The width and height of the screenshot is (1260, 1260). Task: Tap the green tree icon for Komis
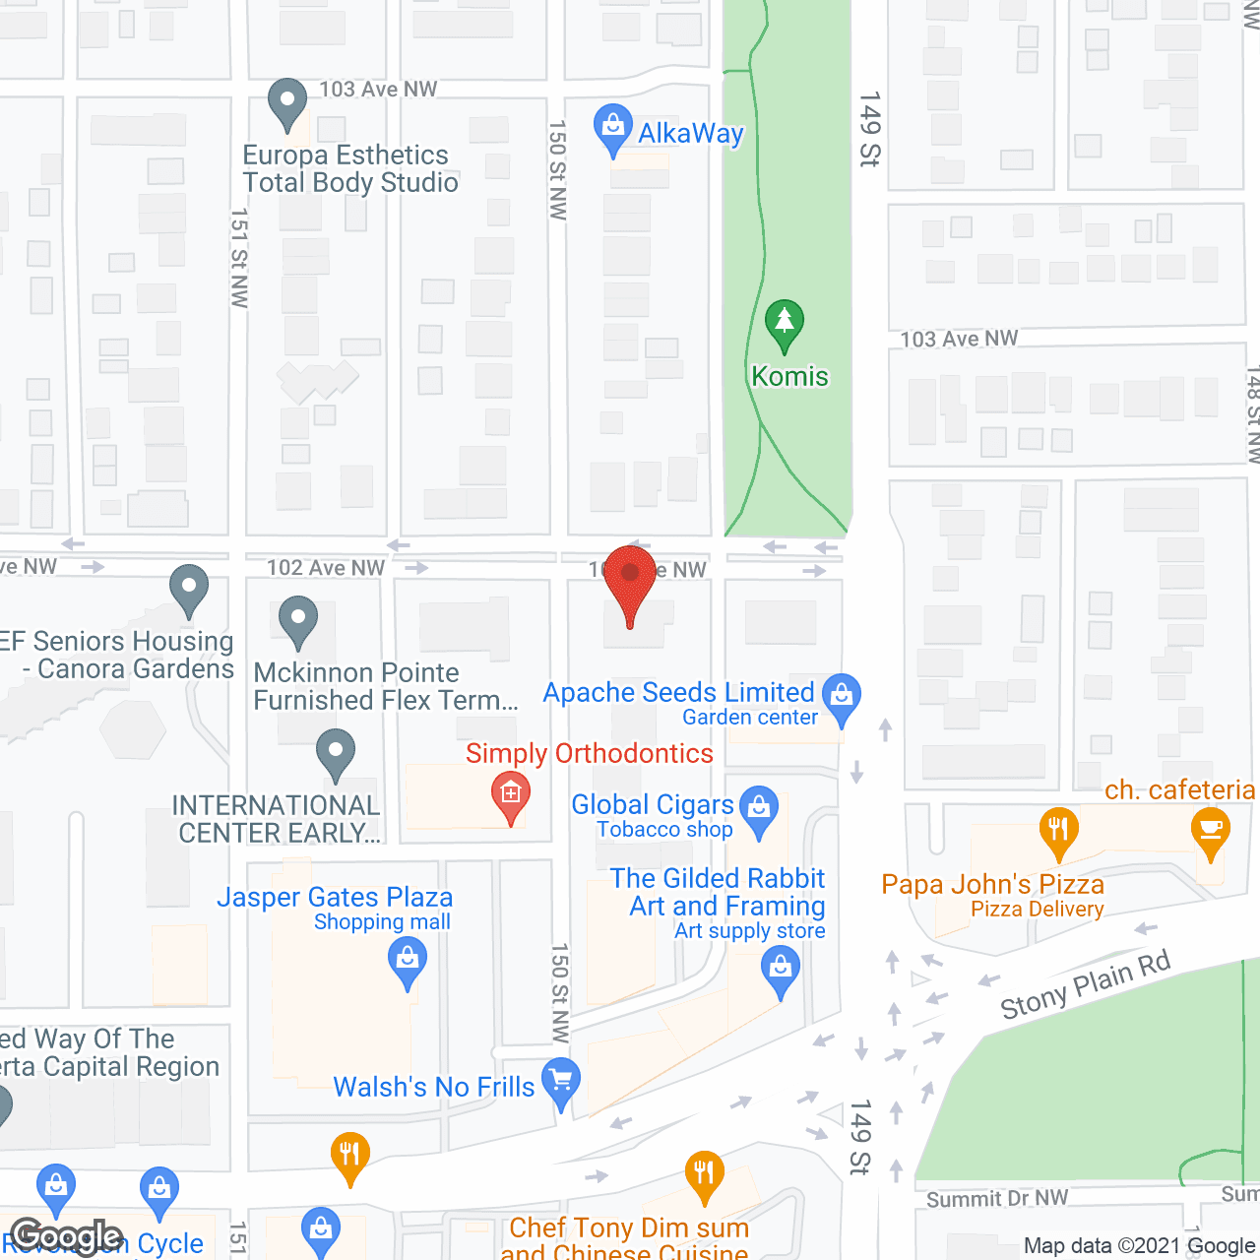click(x=785, y=323)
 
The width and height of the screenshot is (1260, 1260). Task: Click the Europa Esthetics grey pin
click(x=287, y=101)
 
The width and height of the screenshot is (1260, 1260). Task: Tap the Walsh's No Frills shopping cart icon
click(x=561, y=1081)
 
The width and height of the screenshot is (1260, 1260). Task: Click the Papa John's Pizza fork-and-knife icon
click(x=1058, y=830)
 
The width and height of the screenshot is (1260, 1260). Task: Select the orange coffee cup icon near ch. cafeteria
click(x=1210, y=830)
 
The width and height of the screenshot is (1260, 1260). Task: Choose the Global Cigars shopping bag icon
click(x=759, y=808)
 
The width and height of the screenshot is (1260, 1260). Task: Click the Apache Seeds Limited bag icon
click(x=842, y=696)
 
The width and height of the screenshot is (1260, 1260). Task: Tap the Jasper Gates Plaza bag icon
click(x=408, y=959)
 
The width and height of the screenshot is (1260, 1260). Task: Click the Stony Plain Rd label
click(x=1085, y=985)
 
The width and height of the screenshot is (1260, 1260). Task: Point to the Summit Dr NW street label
click(x=996, y=1198)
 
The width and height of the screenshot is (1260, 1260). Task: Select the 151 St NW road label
click(x=239, y=258)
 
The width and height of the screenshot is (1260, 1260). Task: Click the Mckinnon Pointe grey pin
click(x=298, y=620)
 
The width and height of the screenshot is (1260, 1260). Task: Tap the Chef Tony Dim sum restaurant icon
click(x=704, y=1174)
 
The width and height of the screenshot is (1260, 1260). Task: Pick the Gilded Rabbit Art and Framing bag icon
click(x=781, y=969)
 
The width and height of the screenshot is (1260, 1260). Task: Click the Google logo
click(x=67, y=1236)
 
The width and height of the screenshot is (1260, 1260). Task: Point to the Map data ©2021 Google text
click(x=1140, y=1246)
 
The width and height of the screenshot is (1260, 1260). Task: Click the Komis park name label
click(x=789, y=376)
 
